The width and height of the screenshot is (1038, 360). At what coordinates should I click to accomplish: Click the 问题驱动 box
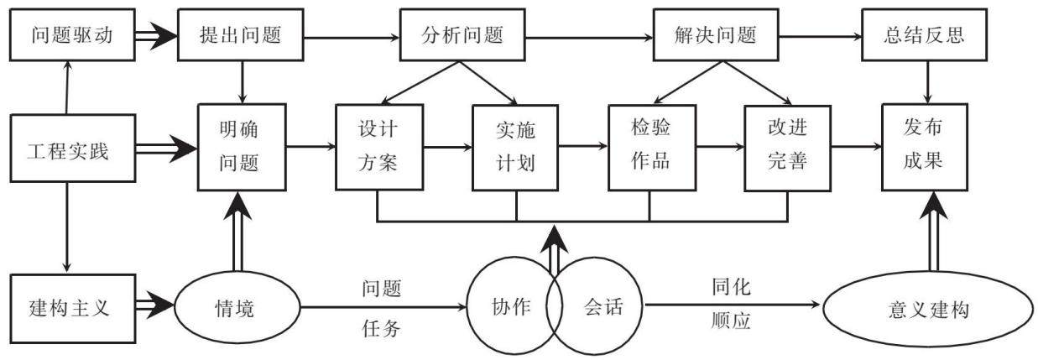click(72, 34)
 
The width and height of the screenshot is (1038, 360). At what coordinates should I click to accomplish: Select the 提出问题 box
click(241, 34)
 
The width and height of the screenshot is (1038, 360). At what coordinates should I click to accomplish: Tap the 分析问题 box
click(462, 34)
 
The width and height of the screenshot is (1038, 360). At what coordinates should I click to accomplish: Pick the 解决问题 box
click(716, 34)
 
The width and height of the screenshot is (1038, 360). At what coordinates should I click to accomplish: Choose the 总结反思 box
click(924, 34)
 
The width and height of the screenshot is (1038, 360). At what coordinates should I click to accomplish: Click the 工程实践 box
click(73, 148)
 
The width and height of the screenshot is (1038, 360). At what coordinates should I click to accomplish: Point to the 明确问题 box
click(242, 147)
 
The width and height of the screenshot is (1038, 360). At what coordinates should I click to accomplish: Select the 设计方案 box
click(379, 147)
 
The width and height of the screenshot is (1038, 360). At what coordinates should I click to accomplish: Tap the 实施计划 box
click(515, 148)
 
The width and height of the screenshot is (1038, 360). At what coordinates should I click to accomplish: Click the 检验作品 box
click(652, 148)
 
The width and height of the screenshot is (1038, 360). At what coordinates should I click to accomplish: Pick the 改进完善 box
click(787, 148)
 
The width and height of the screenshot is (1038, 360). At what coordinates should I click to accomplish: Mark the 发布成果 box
click(925, 147)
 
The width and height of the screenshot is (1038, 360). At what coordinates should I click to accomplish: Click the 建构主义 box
click(73, 309)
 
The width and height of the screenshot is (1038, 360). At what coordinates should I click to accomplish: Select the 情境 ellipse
click(237, 307)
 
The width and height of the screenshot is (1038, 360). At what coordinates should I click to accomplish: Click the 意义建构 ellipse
click(929, 309)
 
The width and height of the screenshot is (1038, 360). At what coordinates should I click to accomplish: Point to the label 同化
click(731, 287)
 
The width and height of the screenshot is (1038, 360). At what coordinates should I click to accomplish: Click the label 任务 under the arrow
click(381, 328)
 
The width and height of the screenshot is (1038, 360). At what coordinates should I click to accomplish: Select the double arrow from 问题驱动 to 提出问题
click(156, 35)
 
